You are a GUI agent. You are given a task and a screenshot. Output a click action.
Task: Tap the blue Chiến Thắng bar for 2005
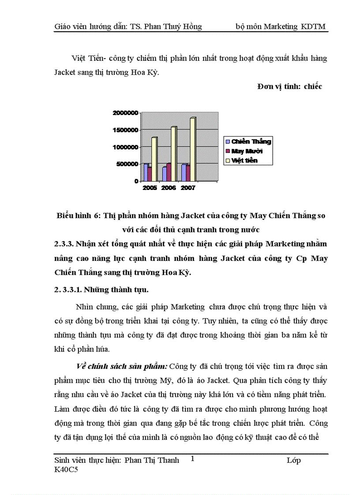pyautogui.click(x=146, y=172)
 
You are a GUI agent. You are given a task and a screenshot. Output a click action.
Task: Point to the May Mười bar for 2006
pyautogui.click(x=169, y=172)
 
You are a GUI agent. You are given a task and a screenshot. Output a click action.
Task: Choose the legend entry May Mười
pyautogui.click(x=247, y=151)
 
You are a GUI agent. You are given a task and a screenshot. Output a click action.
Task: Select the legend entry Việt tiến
pyautogui.click(x=244, y=160)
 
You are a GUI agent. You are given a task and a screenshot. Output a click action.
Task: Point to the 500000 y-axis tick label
pyautogui.click(x=127, y=164)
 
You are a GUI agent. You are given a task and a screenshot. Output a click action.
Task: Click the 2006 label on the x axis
pyautogui.click(x=168, y=188)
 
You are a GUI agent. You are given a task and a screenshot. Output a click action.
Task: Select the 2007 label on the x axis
pyautogui.click(x=187, y=188)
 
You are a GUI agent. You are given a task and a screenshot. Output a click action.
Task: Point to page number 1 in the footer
pyautogui.click(x=193, y=459)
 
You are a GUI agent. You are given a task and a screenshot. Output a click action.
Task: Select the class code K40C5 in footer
pyautogui.click(x=65, y=470)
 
